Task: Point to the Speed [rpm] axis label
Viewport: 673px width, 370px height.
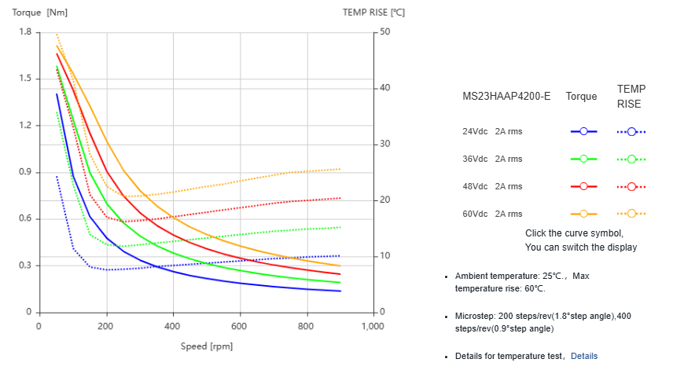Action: (x=206, y=346)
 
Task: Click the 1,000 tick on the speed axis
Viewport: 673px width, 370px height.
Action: (x=372, y=325)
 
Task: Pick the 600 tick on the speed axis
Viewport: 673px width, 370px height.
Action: (x=239, y=325)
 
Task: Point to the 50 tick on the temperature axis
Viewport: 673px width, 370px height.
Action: (x=384, y=32)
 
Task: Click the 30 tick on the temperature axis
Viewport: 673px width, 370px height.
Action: (x=384, y=144)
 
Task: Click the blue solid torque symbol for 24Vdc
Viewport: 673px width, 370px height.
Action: (x=583, y=132)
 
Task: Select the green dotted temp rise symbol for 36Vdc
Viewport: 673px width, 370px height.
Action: (x=631, y=159)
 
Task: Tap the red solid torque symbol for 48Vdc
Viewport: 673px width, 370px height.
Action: (x=583, y=186)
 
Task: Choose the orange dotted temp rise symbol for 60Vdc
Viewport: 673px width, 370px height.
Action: (x=631, y=214)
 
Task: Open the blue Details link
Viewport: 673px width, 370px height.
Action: (x=584, y=356)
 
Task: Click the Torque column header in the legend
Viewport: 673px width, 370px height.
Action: (x=581, y=97)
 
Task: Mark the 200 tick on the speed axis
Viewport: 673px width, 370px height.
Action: (x=105, y=325)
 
